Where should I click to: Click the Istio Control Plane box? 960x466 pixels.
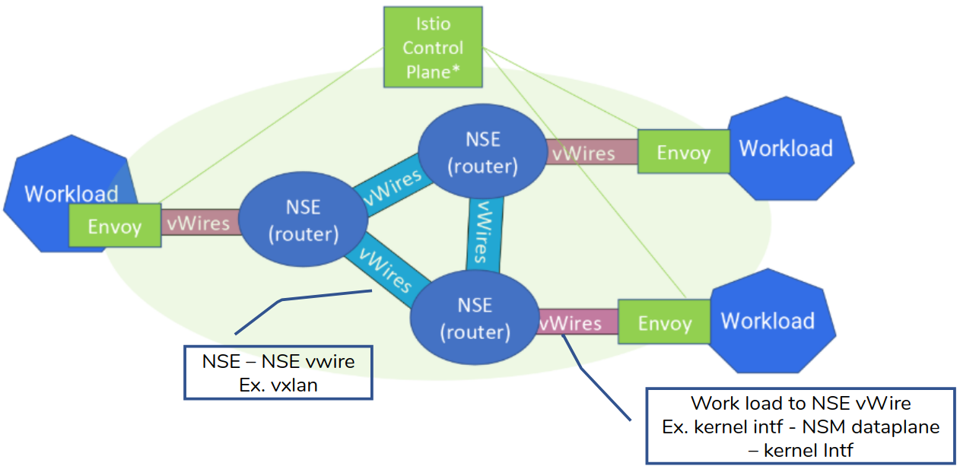click(433, 47)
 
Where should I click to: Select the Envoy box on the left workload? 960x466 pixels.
click(115, 226)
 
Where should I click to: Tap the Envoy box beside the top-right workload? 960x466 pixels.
click(683, 152)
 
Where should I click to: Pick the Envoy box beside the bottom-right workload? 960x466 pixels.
click(664, 322)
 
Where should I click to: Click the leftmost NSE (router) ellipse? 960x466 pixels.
click(304, 220)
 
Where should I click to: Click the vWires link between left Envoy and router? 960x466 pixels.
click(199, 223)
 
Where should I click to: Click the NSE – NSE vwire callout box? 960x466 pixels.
click(278, 372)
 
